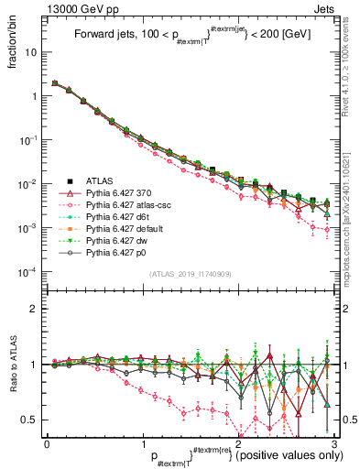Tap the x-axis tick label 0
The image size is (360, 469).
[x=47, y=442]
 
